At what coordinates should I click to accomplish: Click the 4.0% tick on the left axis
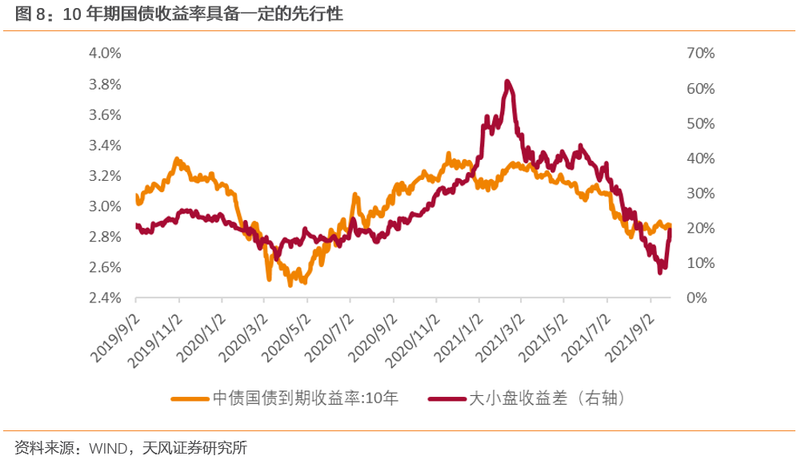105,54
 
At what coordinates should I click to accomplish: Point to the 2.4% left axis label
105,298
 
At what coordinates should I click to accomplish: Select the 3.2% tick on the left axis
105,176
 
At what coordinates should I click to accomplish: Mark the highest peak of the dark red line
507,82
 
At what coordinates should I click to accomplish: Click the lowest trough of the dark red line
660,273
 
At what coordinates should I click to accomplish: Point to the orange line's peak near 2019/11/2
177,160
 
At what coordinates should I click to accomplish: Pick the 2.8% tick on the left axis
105,237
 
